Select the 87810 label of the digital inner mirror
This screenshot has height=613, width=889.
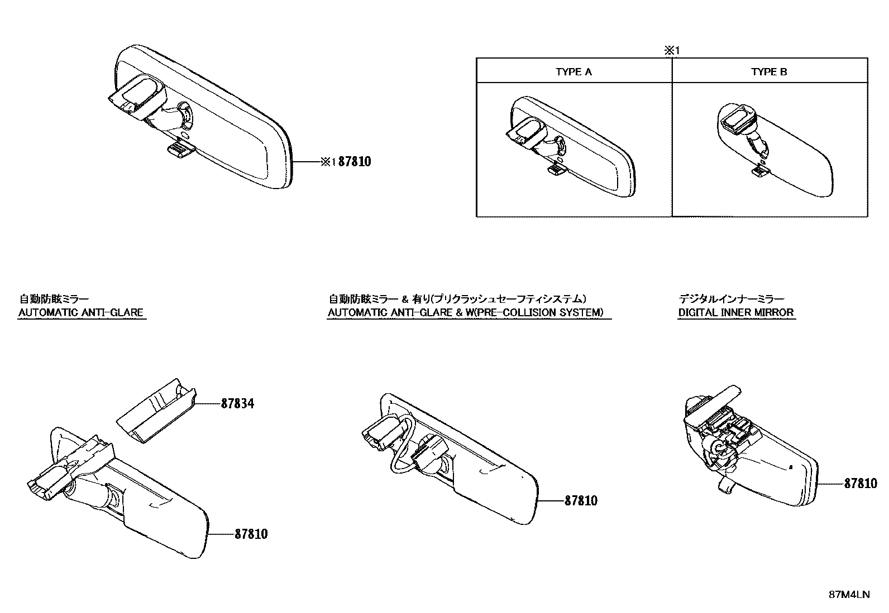click(860, 484)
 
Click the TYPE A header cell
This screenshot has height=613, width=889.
click(573, 71)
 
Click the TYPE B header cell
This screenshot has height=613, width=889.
click(769, 71)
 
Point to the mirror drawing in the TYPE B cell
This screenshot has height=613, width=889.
click(776, 151)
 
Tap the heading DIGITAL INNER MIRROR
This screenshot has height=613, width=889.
click(735, 312)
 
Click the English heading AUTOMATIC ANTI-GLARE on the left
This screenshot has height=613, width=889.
click(80, 312)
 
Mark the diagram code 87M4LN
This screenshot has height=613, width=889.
click(848, 595)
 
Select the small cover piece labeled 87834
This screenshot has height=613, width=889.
click(155, 412)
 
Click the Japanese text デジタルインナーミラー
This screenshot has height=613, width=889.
click(731, 299)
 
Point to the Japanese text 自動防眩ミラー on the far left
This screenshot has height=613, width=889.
click(54, 299)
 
